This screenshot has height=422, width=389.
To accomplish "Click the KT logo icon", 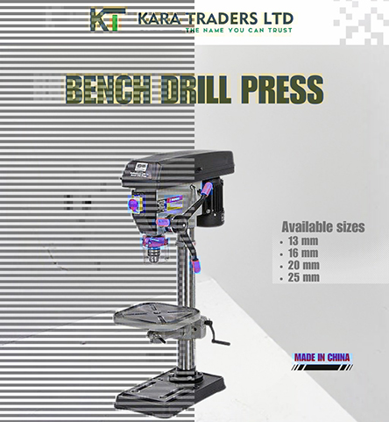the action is [108, 19].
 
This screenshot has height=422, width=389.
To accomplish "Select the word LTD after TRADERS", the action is [278, 18].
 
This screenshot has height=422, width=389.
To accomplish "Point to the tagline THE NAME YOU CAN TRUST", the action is [239, 30].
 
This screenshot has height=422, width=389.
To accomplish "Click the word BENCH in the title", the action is [109, 89].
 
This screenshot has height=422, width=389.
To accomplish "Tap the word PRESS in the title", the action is [282, 89].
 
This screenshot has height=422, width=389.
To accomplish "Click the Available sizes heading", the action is [323, 227].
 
